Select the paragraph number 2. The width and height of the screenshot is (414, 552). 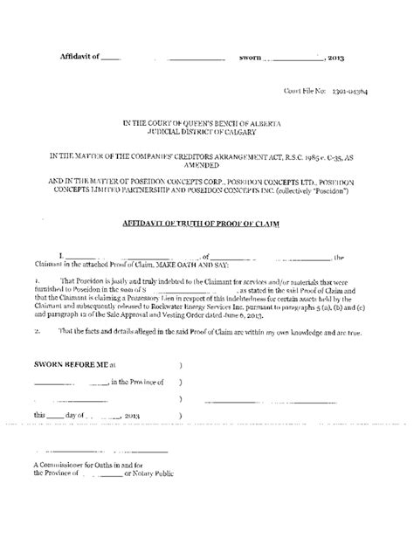pyautogui.click(x=35, y=333)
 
